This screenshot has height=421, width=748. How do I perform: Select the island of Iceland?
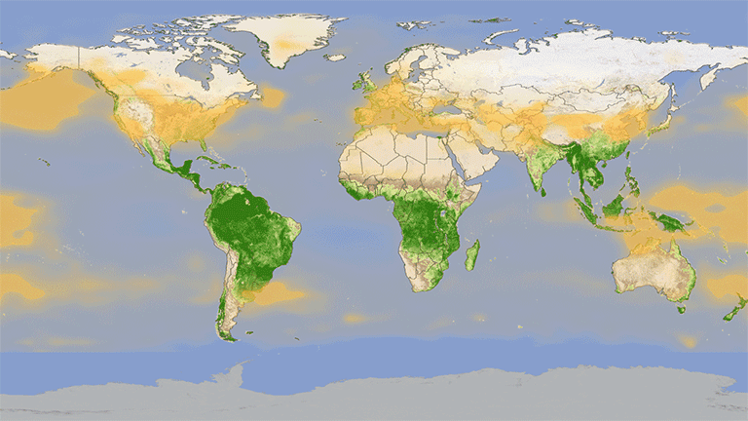335,57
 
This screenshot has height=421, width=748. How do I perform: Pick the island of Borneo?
613,206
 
